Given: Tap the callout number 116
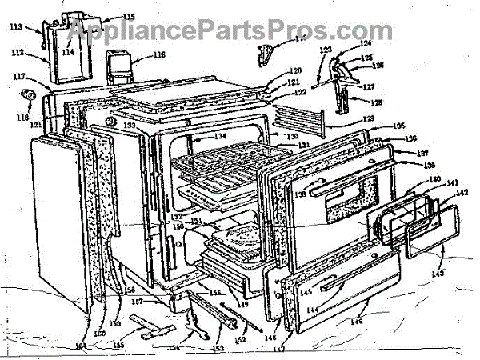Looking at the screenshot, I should click(158, 56).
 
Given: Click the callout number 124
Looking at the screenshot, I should click(365, 42).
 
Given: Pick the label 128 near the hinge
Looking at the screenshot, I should click(377, 103).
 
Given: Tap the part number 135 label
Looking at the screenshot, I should click(398, 126).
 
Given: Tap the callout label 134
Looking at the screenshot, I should click(219, 136).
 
